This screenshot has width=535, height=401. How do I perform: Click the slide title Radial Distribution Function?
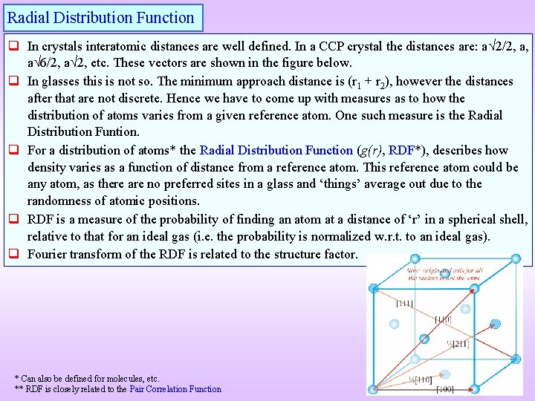(x=101, y=18)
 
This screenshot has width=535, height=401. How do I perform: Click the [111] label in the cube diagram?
(x=405, y=304)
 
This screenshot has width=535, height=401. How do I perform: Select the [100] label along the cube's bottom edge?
(x=446, y=389)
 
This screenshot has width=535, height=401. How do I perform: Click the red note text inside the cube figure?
(x=443, y=274)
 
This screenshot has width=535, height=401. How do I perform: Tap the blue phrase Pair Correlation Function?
(x=175, y=389)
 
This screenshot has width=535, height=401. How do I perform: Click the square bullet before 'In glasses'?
(x=13, y=81)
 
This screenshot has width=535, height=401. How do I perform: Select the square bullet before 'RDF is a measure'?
(x=13, y=220)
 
